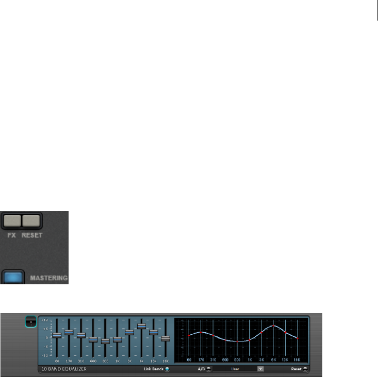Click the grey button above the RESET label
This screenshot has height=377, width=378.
(x=31, y=221)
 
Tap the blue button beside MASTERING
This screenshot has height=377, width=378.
(x=13, y=277)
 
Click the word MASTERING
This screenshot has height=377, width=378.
(x=48, y=278)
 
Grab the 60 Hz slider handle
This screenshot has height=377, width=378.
(x=57, y=335)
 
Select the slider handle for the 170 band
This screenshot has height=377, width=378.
(x=69, y=332)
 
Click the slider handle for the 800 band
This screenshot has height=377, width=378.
(x=105, y=341)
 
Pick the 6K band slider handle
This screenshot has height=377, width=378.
(x=141, y=326)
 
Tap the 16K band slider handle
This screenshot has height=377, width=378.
(x=166, y=338)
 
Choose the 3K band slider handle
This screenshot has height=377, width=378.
(x=129, y=332)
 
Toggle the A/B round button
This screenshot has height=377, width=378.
(x=209, y=369)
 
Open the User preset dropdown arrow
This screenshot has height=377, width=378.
(x=260, y=369)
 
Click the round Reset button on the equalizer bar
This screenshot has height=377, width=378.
(x=305, y=369)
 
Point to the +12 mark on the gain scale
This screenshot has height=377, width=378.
(x=45, y=320)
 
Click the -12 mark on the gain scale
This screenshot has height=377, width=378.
(x=45, y=355)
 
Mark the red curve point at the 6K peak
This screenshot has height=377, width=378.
(x=273, y=326)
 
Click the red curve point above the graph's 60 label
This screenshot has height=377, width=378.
(x=189, y=335)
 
